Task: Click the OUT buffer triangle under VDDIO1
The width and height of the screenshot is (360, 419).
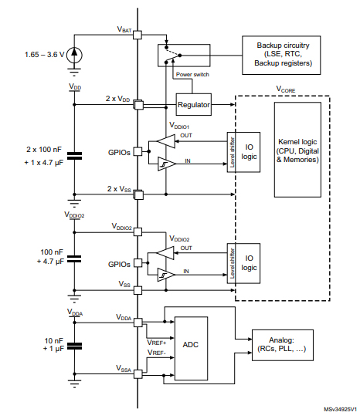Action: click(165, 140)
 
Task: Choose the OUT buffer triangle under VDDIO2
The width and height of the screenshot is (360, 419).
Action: click(165, 253)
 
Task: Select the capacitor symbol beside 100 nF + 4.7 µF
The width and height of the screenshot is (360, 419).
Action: click(74, 257)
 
